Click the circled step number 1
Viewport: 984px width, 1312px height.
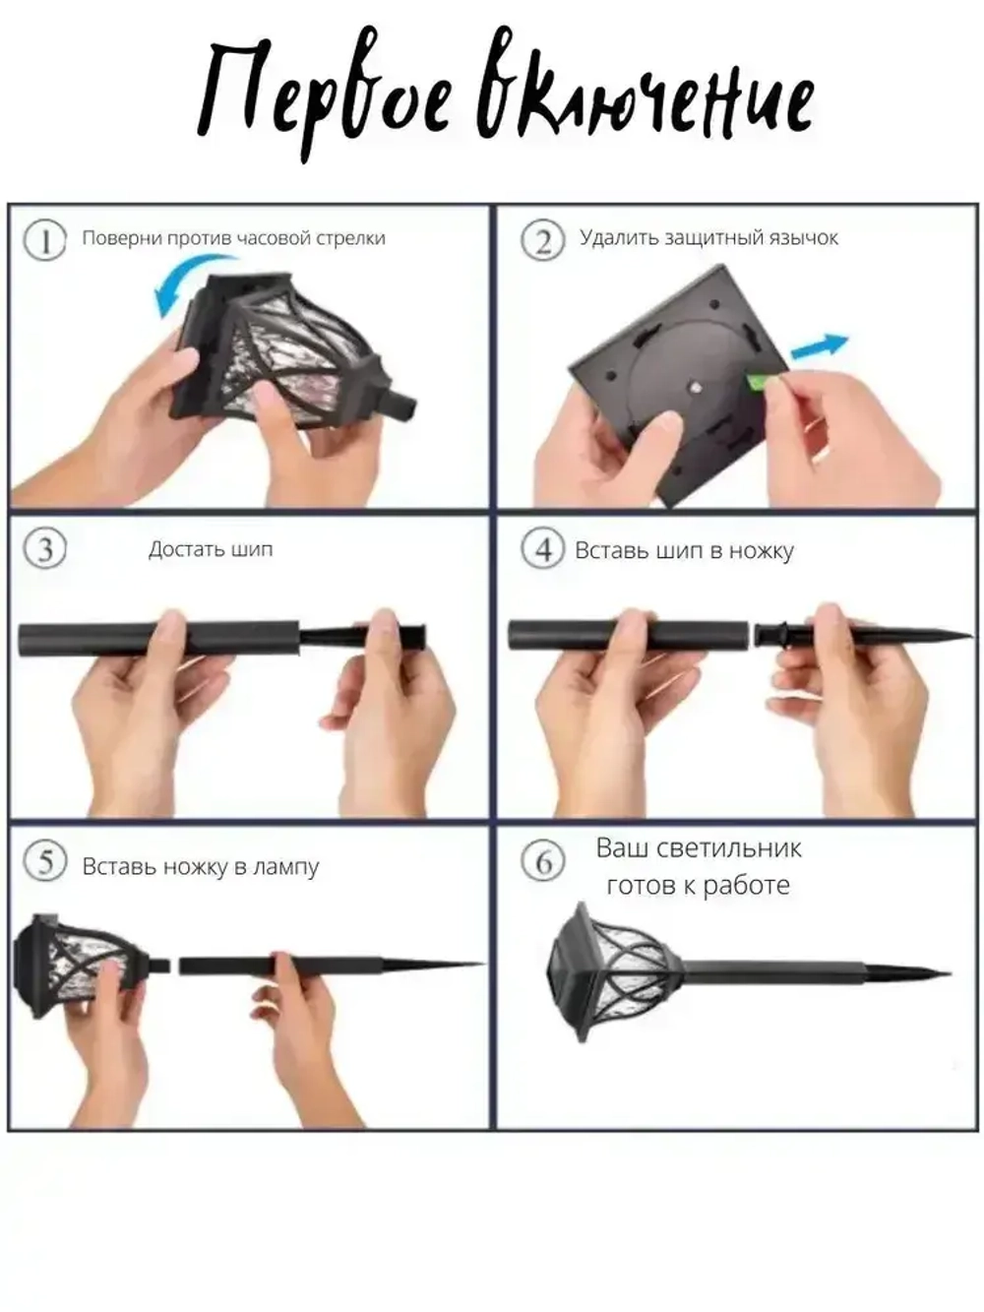45,240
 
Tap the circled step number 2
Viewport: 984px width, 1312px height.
542,240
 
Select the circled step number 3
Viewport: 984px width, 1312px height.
45,548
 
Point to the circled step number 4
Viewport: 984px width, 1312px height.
542,548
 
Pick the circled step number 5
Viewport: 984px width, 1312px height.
45,861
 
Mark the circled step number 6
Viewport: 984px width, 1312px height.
542,861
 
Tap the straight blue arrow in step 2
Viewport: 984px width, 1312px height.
820,346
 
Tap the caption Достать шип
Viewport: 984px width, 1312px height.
211,549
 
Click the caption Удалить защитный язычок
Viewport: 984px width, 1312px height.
708,238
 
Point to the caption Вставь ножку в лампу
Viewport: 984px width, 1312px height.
201,867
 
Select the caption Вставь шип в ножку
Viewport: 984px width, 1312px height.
684,550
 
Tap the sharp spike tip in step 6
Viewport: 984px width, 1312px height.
949,973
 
